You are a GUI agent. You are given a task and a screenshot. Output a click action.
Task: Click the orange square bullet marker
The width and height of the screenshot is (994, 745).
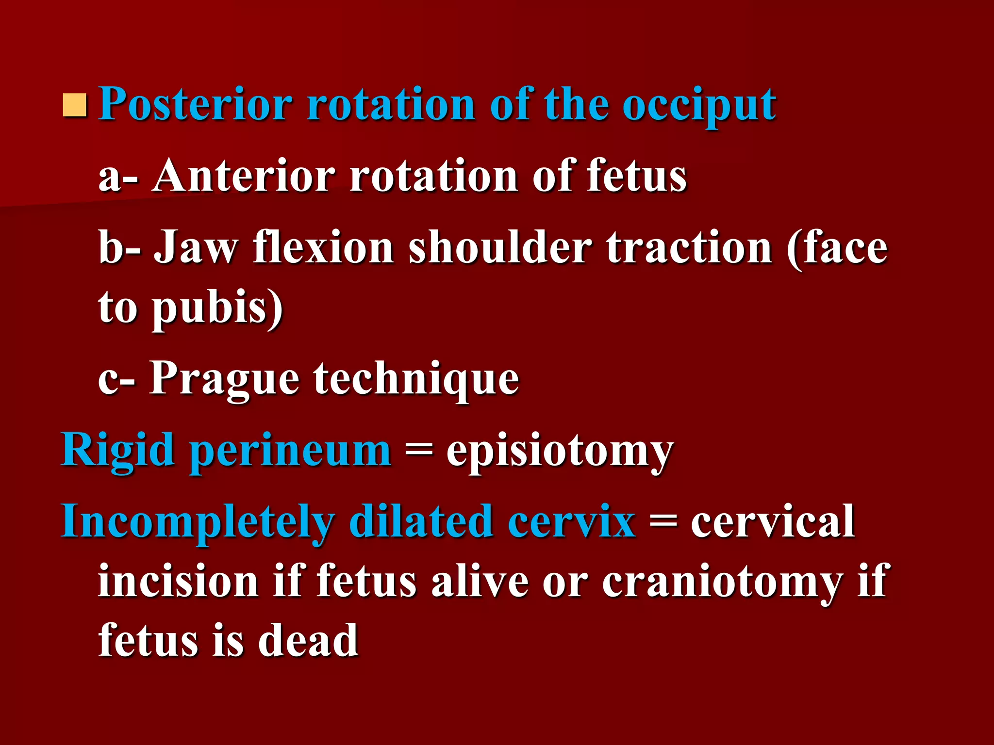75,105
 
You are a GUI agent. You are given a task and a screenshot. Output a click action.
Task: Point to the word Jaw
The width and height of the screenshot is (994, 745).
196,248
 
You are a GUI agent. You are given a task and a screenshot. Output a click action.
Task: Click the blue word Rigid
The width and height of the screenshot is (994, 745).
117,451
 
